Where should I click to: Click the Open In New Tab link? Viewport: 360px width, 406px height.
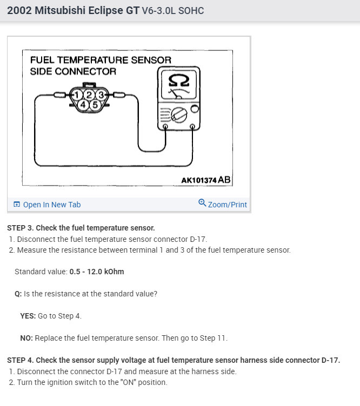pos(51,205)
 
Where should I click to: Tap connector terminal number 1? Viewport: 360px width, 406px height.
pos(79,96)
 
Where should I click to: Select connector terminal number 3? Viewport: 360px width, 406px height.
pos(100,96)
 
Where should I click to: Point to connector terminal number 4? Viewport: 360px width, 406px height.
pos(84,104)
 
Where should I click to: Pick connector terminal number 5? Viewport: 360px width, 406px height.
pos(95,104)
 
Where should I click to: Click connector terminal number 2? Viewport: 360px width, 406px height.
pos(90,96)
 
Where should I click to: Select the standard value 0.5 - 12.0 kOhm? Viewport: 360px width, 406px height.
pos(96,272)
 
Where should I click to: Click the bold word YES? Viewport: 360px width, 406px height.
pos(28,316)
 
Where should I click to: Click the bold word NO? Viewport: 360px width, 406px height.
pos(26,338)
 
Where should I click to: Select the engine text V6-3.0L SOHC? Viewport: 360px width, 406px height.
pos(172,11)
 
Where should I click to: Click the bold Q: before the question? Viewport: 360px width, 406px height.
pos(18,294)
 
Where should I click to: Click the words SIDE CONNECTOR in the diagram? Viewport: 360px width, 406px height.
pos(72,71)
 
